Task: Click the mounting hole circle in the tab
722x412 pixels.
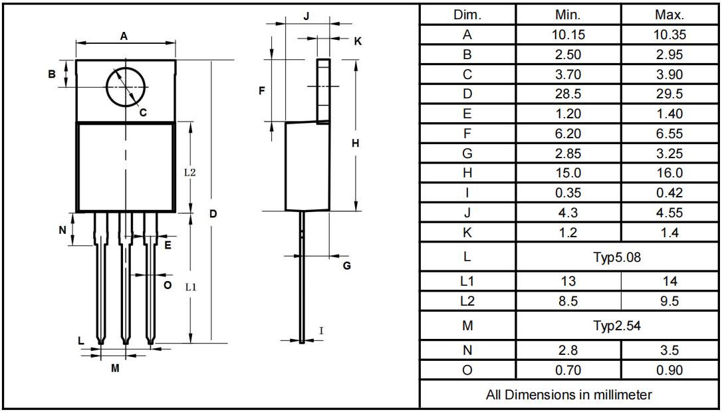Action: [106, 86]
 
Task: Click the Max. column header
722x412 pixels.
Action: [669, 15]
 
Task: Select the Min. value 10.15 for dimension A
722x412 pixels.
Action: [568, 35]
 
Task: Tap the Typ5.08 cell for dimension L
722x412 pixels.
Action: [616, 257]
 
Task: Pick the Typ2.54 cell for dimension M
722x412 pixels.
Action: [616, 326]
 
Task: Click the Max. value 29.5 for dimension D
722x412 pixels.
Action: [669, 94]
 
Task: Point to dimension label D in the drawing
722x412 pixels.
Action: [213, 213]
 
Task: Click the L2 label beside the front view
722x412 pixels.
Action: [189, 173]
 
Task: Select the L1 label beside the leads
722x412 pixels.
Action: [191, 287]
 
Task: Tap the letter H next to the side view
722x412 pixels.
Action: [355, 144]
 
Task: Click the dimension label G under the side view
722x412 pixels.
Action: [347, 266]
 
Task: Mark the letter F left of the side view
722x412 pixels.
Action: [262, 90]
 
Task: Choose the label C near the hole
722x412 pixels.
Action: [143, 112]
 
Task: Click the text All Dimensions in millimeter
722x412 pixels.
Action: [568, 395]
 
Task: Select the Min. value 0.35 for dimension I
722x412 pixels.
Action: [568, 193]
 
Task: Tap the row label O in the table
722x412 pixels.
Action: [467, 370]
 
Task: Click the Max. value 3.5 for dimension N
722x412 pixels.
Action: [669, 350]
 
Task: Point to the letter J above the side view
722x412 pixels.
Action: [306, 17]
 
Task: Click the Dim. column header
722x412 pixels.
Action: [467, 15]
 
